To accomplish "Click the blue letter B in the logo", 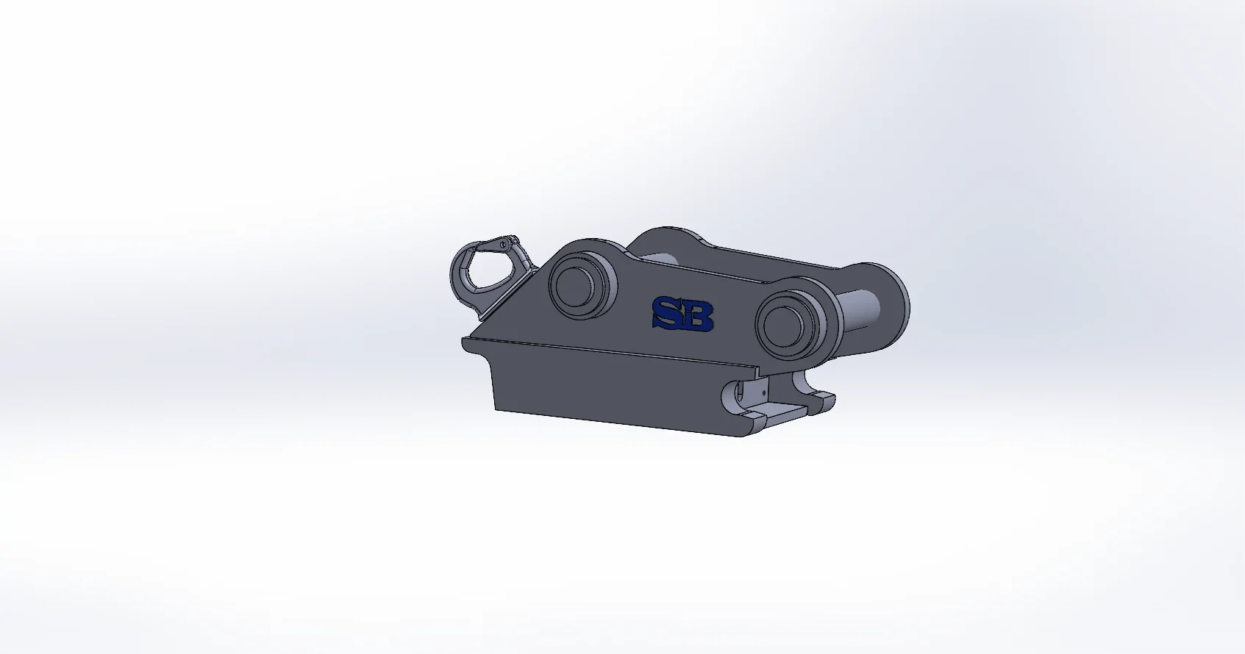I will click(698, 316).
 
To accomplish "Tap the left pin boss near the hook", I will click(580, 287).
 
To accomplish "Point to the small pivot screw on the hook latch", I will click(504, 244).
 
